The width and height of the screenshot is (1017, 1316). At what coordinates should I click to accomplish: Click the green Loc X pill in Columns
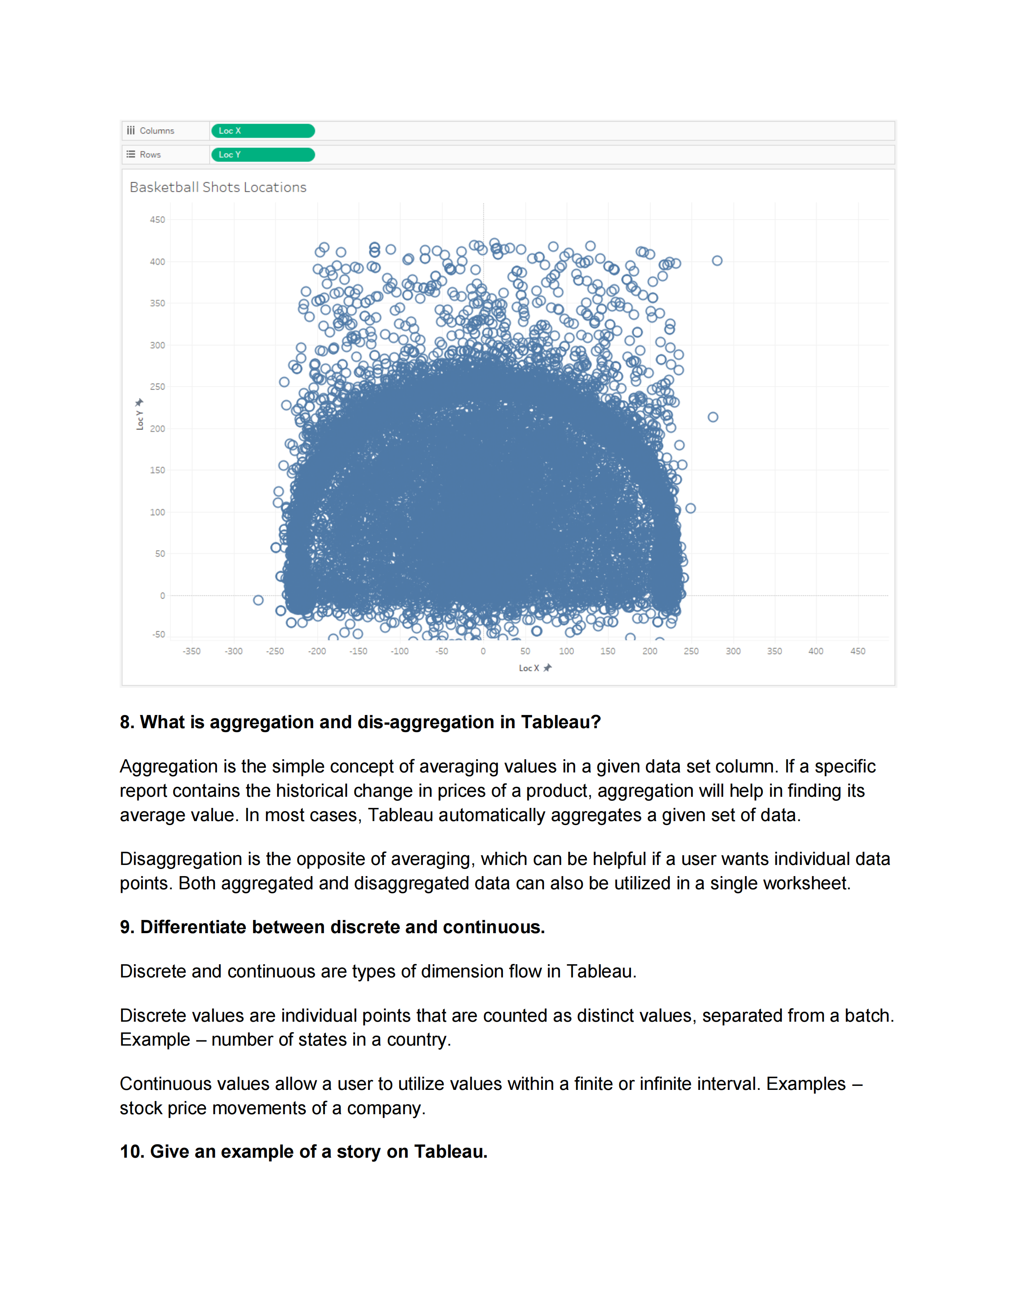coord(263,131)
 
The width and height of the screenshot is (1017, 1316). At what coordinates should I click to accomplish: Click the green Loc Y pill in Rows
coord(263,155)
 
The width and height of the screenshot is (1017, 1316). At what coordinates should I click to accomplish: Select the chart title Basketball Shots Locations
coord(218,187)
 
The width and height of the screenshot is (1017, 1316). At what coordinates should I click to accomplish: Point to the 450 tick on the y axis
coord(157,220)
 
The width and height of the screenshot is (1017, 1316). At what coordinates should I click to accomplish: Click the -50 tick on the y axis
coord(158,634)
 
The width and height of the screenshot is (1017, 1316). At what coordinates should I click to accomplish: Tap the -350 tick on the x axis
coord(191,651)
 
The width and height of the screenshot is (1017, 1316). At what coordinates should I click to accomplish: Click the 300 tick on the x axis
coord(733,651)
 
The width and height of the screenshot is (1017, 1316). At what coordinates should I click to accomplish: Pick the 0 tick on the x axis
coord(483,651)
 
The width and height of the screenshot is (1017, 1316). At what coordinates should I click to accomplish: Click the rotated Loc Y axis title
coord(140,420)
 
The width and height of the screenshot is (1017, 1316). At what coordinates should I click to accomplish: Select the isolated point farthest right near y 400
coord(717,261)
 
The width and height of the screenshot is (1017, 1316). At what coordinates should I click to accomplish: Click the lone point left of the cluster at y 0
coord(258,600)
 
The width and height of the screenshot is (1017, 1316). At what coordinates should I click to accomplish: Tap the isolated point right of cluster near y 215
coord(713,417)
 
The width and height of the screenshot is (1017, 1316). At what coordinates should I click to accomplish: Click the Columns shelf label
coord(157,131)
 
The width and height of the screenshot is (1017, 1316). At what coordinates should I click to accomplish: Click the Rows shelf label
coord(150,155)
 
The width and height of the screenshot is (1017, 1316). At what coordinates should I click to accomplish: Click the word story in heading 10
coord(359,1152)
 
